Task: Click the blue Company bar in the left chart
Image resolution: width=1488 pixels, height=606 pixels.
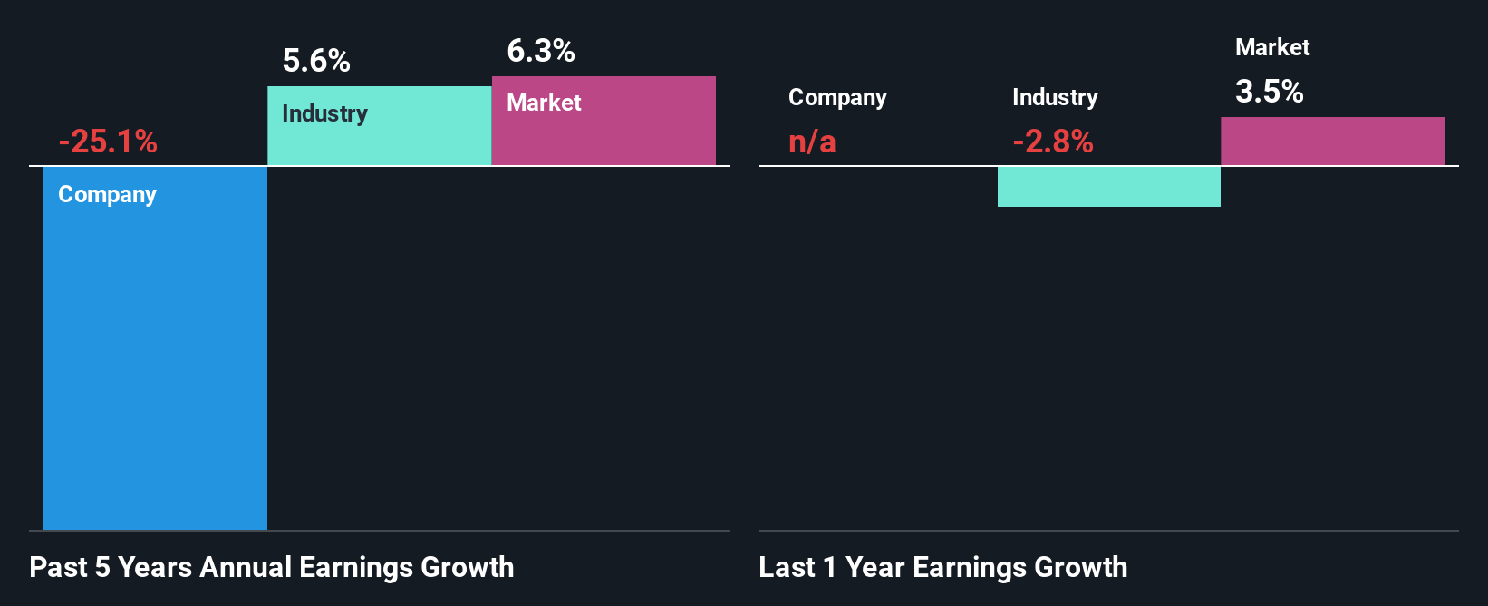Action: pyautogui.click(x=155, y=363)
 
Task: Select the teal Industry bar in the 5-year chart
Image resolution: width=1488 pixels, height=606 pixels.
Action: pyautogui.click(x=379, y=141)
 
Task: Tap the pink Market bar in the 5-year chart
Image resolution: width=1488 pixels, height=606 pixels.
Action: pyautogui.click(x=604, y=136)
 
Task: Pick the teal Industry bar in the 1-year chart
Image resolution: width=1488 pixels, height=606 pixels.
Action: pyautogui.click(x=1108, y=187)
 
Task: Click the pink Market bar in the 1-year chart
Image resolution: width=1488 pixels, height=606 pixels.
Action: pyautogui.click(x=1332, y=142)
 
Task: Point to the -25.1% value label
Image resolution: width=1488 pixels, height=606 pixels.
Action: pyautogui.click(x=108, y=142)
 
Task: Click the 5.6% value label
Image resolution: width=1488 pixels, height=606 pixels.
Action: pyautogui.click(x=316, y=61)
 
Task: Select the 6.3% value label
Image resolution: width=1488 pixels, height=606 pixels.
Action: pyautogui.click(x=541, y=51)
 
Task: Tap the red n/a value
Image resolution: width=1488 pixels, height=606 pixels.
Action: pyautogui.click(x=812, y=142)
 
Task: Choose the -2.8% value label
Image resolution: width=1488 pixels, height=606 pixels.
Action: pyautogui.click(x=1053, y=142)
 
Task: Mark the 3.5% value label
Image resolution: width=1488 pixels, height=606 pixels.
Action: pyautogui.click(x=1269, y=92)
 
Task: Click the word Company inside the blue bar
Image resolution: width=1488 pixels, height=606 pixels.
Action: pyautogui.click(x=107, y=195)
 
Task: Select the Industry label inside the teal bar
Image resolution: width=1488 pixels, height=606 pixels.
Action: pyautogui.click(x=324, y=113)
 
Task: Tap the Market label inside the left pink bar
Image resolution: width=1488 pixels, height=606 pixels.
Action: pyautogui.click(x=544, y=103)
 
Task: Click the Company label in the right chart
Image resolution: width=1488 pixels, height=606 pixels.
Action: pyautogui.click(x=837, y=97)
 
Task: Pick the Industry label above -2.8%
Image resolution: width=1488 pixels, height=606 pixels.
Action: pyautogui.click(x=1055, y=97)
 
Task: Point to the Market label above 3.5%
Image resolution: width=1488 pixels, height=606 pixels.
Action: pyautogui.click(x=1272, y=47)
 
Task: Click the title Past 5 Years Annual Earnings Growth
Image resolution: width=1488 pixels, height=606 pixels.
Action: pyautogui.click(x=272, y=567)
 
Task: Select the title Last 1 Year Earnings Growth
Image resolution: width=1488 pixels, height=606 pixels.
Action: pyautogui.click(x=942, y=567)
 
